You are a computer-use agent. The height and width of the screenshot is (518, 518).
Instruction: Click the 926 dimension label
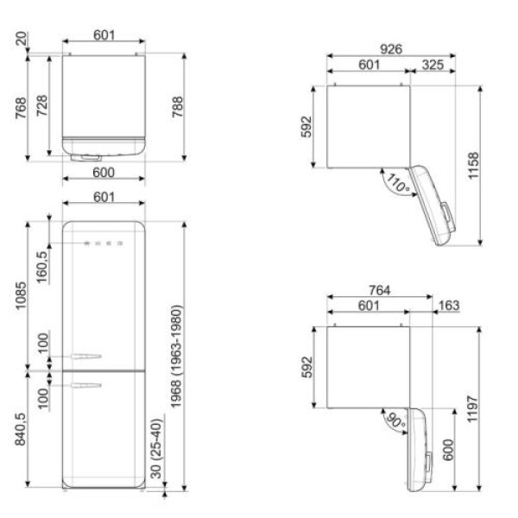(x=391, y=49)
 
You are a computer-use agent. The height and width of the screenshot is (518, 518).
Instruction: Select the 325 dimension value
(x=433, y=65)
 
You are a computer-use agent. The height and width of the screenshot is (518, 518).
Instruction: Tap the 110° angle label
(x=398, y=183)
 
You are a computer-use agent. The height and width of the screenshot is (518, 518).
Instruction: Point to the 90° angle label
(x=396, y=421)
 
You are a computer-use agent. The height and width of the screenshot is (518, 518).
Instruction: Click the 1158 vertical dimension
(x=473, y=166)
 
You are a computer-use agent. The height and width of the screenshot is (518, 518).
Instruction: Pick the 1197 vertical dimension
(x=472, y=409)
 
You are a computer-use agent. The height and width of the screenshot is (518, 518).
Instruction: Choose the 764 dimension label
(x=380, y=290)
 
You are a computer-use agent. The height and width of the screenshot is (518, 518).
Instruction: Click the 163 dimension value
(x=449, y=306)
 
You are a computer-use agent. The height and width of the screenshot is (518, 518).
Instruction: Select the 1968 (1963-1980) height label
(x=176, y=357)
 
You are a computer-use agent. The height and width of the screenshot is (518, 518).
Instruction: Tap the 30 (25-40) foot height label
(x=156, y=449)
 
